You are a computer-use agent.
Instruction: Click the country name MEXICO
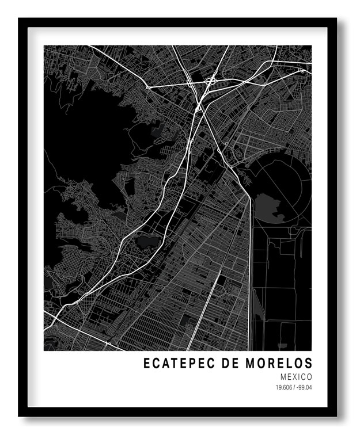297,377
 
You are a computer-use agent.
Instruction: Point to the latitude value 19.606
285,387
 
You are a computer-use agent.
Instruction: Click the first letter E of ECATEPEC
146,364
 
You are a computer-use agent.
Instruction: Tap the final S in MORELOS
309,364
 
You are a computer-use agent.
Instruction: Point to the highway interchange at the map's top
209,83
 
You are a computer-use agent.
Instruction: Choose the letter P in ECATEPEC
186,364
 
